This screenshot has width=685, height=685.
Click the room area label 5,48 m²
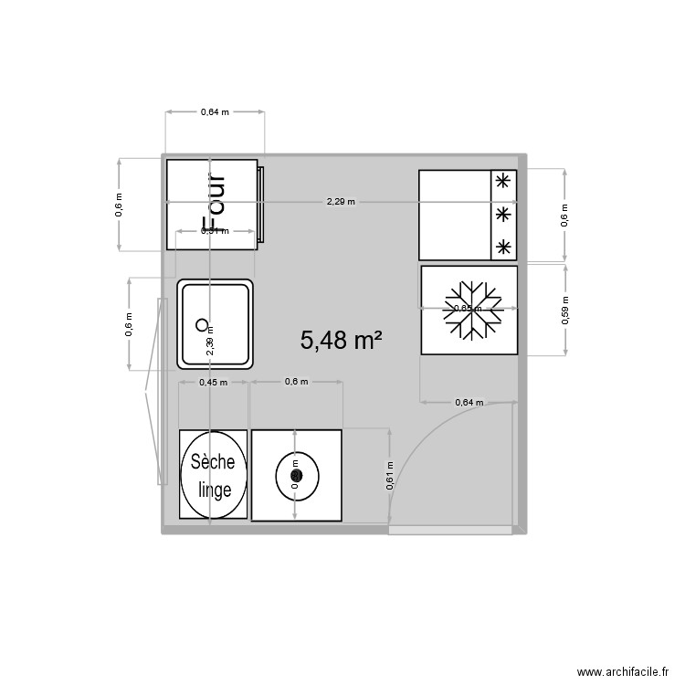pyautogui.click(x=341, y=341)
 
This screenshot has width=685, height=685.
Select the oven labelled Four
pyautogui.click(x=212, y=203)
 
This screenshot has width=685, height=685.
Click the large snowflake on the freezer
pyautogui.click(x=469, y=310)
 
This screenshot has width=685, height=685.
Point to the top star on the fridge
pyautogui.click(x=502, y=181)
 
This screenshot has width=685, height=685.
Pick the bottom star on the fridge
pyautogui.click(x=502, y=246)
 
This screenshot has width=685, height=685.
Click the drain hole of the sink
pyautogui.click(x=202, y=323)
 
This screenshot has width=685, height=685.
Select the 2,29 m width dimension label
pyautogui.click(x=341, y=202)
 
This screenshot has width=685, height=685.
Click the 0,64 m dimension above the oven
pyautogui.click(x=215, y=112)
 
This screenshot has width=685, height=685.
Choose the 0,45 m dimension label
pyautogui.click(x=213, y=382)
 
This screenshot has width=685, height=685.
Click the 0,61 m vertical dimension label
pyautogui.click(x=390, y=478)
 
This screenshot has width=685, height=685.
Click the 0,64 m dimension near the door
pyautogui.click(x=469, y=402)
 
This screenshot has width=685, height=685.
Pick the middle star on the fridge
pyautogui.click(x=502, y=214)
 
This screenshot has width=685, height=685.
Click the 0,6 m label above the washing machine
pyautogui.click(x=296, y=382)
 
